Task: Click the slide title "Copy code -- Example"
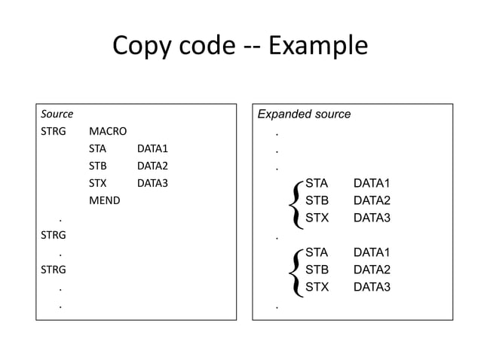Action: pyautogui.click(x=240, y=47)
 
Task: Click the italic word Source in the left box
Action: pyautogui.click(x=57, y=114)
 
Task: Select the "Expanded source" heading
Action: pyautogui.click(x=304, y=114)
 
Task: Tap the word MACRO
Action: pyautogui.click(x=107, y=132)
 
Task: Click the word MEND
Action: pyautogui.click(x=104, y=201)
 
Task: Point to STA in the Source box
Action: pyautogui.click(x=98, y=149)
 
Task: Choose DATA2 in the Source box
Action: pyautogui.click(x=152, y=166)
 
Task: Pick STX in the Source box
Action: pyautogui.click(x=98, y=184)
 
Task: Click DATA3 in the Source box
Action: pyautogui.click(x=152, y=184)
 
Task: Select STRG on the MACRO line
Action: pyautogui.click(x=53, y=132)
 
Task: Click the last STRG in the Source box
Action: pyautogui.click(x=53, y=269)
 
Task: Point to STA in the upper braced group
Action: pyautogui.click(x=317, y=184)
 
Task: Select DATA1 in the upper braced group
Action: pyautogui.click(x=372, y=184)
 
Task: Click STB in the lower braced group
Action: pyautogui.click(x=317, y=270)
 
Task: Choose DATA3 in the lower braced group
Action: pyautogui.click(x=372, y=287)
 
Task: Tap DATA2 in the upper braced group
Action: pyautogui.click(x=372, y=201)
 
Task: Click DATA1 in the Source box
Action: pyautogui.click(x=152, y=149)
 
